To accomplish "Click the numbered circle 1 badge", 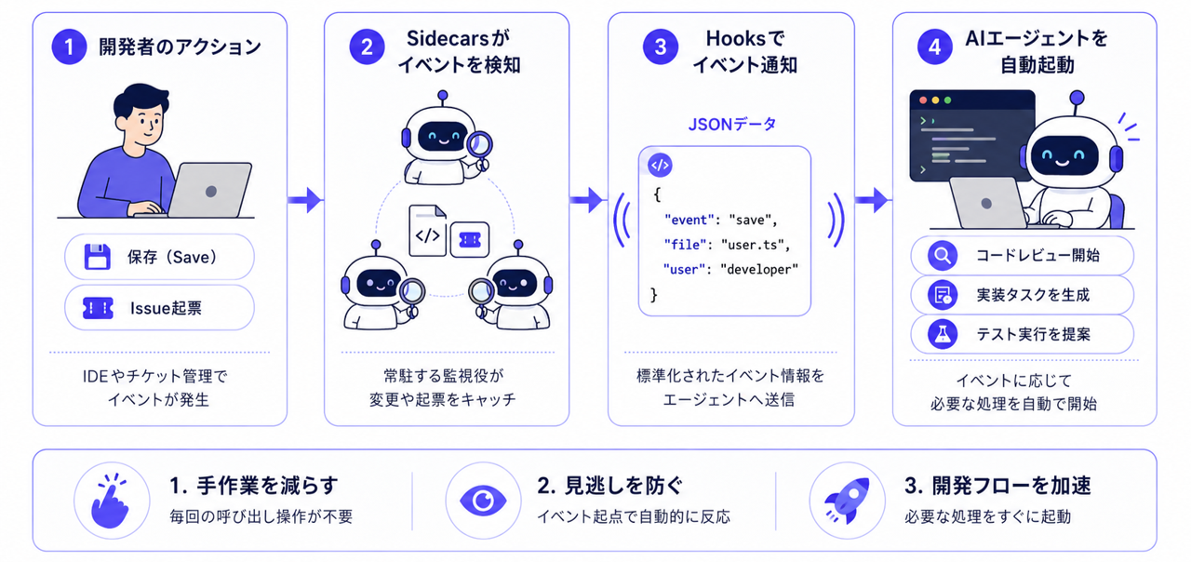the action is click(69, 47).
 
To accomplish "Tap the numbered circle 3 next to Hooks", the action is click(661, 47).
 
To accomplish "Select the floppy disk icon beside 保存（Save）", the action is click(98, 257).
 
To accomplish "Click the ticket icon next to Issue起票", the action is click(98, 308).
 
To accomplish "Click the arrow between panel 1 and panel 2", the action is click(305, 200).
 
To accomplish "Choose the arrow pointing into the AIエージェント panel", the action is click(873, 200).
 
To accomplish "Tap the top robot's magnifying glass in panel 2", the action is click(479, 147).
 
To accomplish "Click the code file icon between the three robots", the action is click(427, 231).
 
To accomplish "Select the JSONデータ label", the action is click(732, 125).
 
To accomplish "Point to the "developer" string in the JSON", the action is click(759, 270).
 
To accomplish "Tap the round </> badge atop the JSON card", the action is click(660, 166).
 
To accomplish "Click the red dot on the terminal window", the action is click(923, 100).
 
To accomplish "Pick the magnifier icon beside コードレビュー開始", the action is click(943, 256).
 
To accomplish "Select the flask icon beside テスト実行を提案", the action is click(943, 334).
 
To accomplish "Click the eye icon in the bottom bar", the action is click(483, 501).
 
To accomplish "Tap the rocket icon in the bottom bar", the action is click(847, 501).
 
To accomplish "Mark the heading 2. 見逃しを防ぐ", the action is click(609, 486).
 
